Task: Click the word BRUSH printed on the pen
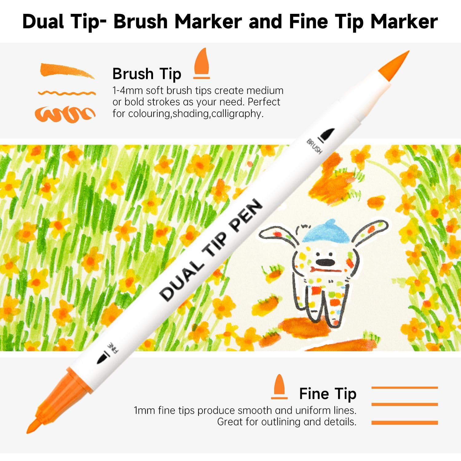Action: pos(314,147)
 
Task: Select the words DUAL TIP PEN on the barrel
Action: pos(211,250)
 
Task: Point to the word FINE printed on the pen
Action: pos(113,347)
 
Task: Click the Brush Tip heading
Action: pos(147,74)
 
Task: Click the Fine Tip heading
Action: pos(328,394)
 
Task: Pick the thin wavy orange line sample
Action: pos(67,93)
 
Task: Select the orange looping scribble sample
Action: pos(65,114)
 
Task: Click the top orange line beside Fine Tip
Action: pos(404,388)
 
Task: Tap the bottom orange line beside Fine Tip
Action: pos(404,423)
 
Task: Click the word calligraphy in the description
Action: pos(237,114)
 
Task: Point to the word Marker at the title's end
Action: pos(404,22)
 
